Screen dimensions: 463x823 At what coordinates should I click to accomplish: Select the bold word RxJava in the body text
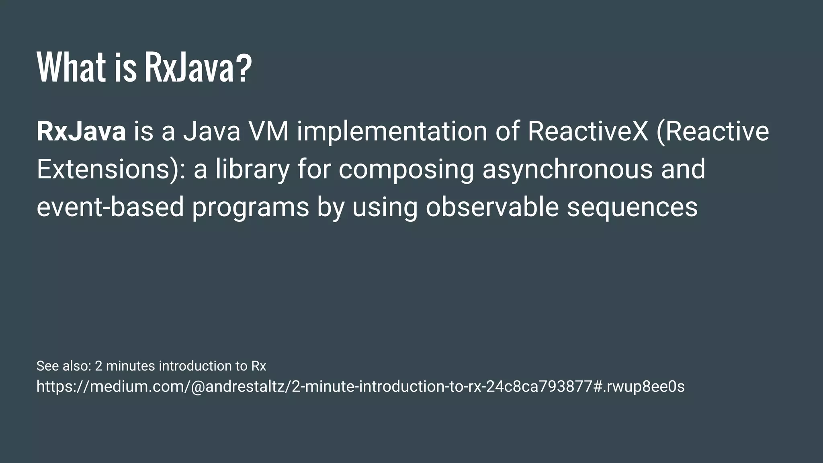point(81,131)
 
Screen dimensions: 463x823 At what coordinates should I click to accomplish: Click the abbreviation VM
point(268,131)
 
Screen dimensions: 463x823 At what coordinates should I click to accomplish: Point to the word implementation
point(392,131)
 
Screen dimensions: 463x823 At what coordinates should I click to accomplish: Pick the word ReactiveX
point(588,131)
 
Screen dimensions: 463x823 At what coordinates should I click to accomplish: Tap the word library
point(252,169)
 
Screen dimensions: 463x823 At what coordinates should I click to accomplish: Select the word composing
point(406,169)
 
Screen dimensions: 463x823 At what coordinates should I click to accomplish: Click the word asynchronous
point(567,169)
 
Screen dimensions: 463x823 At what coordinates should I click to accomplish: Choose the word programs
point(250,207)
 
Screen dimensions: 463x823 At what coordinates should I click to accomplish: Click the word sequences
point(632,207)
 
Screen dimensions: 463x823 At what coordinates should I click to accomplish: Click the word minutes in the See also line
point(130,366)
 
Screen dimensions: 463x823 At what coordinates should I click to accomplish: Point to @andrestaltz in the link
point(239,387)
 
